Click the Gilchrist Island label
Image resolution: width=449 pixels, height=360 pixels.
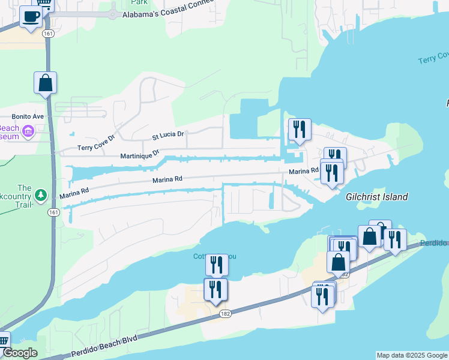376,197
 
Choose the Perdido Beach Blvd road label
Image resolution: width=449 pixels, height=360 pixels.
105,347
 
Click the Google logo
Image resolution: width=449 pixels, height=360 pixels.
19,353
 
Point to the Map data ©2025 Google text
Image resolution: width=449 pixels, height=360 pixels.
411,355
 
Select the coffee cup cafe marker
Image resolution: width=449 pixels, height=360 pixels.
31,16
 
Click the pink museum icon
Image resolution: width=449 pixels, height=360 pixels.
27,131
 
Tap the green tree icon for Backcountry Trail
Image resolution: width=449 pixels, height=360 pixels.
40,195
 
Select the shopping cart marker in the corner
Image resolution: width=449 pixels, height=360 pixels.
3,341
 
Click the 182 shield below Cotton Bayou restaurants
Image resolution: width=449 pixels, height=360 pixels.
225,314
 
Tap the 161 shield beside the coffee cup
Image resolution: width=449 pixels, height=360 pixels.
49,34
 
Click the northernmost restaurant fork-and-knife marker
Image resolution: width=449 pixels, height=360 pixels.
299,128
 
